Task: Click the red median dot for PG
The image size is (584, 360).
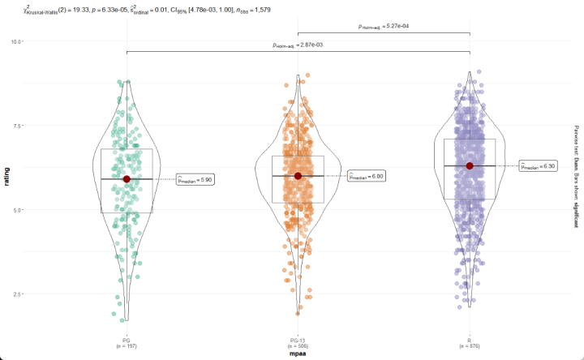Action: click(127, 178)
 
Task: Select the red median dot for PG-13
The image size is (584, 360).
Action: click(298, 176)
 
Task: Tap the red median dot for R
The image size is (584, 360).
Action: click(470, 165)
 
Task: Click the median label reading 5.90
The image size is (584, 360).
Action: click(195, 180)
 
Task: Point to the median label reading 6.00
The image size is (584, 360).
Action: click(366, 176)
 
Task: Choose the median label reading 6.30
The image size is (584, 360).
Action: click(538, 165)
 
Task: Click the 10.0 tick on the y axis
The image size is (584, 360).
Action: click(16, 41)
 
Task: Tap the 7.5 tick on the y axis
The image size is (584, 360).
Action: click(18, 125)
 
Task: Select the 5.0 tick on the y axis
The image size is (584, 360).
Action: click(18, 209)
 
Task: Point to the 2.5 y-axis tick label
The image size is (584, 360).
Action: click(18, 294)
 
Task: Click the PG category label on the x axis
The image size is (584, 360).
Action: click(127, 340)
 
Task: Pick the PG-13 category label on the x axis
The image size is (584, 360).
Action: click(298, 340)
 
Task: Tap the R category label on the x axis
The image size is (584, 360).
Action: click(470, 340)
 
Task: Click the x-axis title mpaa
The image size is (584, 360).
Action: click(298, 354)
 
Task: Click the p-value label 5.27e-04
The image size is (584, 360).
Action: click(384, 27)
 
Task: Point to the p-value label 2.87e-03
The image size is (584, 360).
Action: click(298, 45)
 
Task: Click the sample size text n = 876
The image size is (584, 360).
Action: click(470, 346)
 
